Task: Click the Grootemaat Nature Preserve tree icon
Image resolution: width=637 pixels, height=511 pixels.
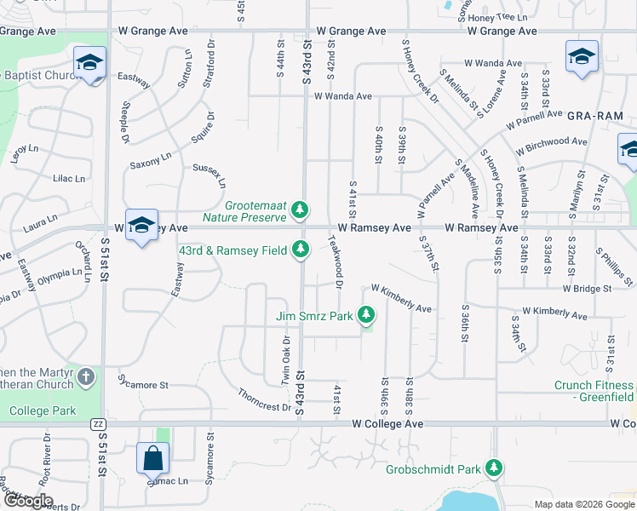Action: click(x=299, y=209)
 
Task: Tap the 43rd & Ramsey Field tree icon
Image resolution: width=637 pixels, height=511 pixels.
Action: click(x=300, y=250)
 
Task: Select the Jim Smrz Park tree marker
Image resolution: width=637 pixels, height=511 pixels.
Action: click(x=366, y=316)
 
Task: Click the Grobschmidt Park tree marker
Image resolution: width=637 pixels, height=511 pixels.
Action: click(x=493, y=468)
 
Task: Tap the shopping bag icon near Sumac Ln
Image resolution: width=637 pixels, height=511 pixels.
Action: click(x=152, y=458)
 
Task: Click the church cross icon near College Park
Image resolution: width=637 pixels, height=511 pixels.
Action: click(x=86, y=376)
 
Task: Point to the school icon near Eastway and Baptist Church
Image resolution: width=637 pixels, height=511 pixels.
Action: click(x=89, y=62)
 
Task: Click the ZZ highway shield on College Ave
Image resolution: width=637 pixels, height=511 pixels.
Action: click(x=97, y=424)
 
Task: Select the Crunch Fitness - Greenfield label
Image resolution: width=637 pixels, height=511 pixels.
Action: click(x=594, y=391)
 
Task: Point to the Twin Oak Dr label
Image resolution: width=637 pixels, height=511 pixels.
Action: click(x=286, y=359)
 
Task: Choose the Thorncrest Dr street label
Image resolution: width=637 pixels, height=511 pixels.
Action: click(x=265, y=400)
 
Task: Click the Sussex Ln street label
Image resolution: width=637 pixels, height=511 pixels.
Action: click(x=209, y=175)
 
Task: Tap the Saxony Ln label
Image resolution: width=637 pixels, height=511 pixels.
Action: click(x=151, y=159)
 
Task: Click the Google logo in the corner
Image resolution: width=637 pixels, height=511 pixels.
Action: click(x=27, y=501)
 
